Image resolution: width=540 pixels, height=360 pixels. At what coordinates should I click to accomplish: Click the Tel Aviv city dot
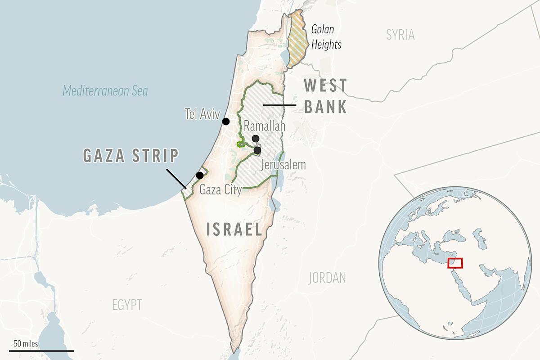click(x=226, y=121)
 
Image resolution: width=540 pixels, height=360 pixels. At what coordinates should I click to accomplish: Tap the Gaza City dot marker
click(x=200, y=175)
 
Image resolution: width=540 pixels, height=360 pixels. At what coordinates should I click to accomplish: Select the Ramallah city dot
click(x=256, y=139)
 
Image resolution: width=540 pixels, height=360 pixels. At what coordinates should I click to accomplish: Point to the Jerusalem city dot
click(x=257, y=150)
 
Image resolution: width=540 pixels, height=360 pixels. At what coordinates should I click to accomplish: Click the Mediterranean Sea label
click(x=105, y=91)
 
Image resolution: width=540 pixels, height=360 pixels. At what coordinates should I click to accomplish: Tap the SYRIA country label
click(x=400, y=35)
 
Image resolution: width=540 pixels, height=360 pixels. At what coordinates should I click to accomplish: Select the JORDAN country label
click(x=327, y=278)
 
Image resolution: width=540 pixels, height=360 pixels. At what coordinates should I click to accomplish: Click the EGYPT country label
click(x=127, y=305)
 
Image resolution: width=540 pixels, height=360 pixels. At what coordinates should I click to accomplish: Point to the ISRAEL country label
click(x=234, y=229)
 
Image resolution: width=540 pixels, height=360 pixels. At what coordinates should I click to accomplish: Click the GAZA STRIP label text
click(x=131, y=156)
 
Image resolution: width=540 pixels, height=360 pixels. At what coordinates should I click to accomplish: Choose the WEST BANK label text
click(x=325, y=96)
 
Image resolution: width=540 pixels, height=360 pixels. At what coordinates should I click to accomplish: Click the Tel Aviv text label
click(x=202, y=114)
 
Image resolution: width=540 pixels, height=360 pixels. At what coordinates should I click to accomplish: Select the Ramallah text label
click(x=265, y=126)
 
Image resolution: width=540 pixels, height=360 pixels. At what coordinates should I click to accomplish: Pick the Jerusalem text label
click(x=283, y=165)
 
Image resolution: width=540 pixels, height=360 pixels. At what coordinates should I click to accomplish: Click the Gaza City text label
click(x=220, y=189)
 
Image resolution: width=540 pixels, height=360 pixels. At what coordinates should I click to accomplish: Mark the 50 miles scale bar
click(x=41, y=350)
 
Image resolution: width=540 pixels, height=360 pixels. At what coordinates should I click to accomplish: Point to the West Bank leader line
click(x=279, y=105)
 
